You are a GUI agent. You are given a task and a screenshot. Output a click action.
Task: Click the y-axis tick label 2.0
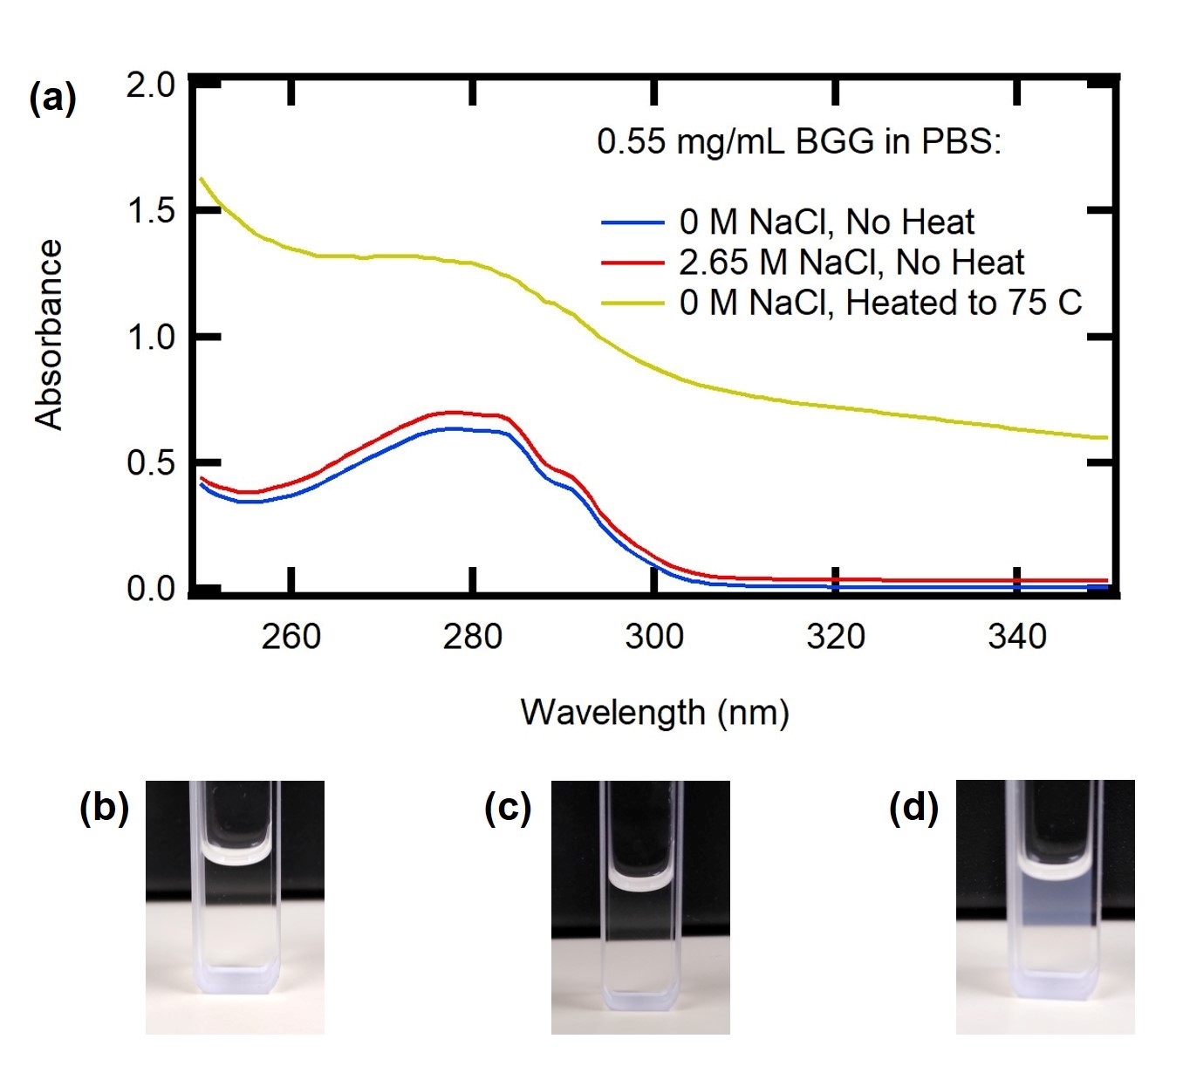click(150, 85)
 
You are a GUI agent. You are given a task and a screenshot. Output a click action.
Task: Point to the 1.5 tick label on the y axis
click(150, 211)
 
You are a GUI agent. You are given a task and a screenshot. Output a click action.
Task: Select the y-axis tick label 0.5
click(150, 462)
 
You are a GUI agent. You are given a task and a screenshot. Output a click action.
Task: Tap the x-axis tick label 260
click(291, 637)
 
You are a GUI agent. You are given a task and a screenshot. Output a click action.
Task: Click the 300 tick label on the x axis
click(653, 637)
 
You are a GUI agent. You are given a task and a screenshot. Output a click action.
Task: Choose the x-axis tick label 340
click(1016, 637)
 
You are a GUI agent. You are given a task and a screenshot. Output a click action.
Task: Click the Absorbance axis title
click(49, 335)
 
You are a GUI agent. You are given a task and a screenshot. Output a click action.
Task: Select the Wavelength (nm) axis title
click(654, 713)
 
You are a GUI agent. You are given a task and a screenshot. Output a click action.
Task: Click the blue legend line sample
click(633, 223)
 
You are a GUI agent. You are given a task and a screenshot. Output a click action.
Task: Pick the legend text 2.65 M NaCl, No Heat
click(851, 263)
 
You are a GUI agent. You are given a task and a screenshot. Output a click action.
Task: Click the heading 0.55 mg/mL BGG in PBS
click(798, 141)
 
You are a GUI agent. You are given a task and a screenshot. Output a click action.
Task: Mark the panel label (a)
click(52, 98)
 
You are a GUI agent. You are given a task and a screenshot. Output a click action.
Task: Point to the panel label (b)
click(104, 808)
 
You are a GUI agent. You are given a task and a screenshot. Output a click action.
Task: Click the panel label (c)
click(508, 808)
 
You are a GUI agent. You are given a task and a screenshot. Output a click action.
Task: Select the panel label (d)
click(913, 808)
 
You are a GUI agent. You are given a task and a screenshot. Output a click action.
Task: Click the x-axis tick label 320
click(835, 637)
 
